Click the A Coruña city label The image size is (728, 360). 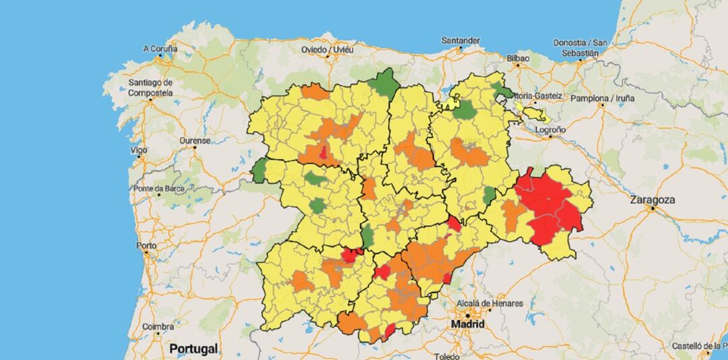click(x=160, y=49)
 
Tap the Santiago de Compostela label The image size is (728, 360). click(x=150, y=88)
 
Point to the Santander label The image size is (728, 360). click(x=460, y=40)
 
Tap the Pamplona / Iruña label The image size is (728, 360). click(x=603, y=98)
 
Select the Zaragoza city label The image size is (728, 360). click(x=652, y=200)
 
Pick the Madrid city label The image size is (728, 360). click(x=468, y=324)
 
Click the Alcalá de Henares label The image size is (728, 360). click(x=489, y=303)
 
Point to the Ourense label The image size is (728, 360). click(x=195, y=140)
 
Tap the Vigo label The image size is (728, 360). click(x=140, y=149)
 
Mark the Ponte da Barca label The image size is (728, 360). click(x=159, y=188)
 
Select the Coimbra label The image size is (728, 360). click(x=158, y=326)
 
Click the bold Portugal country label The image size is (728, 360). click(x=193, y=349)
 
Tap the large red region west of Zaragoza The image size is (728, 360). click(x=549, y=206)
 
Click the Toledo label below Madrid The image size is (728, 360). click(x=446, y=356)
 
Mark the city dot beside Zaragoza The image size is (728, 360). click(x=653, y=210)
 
